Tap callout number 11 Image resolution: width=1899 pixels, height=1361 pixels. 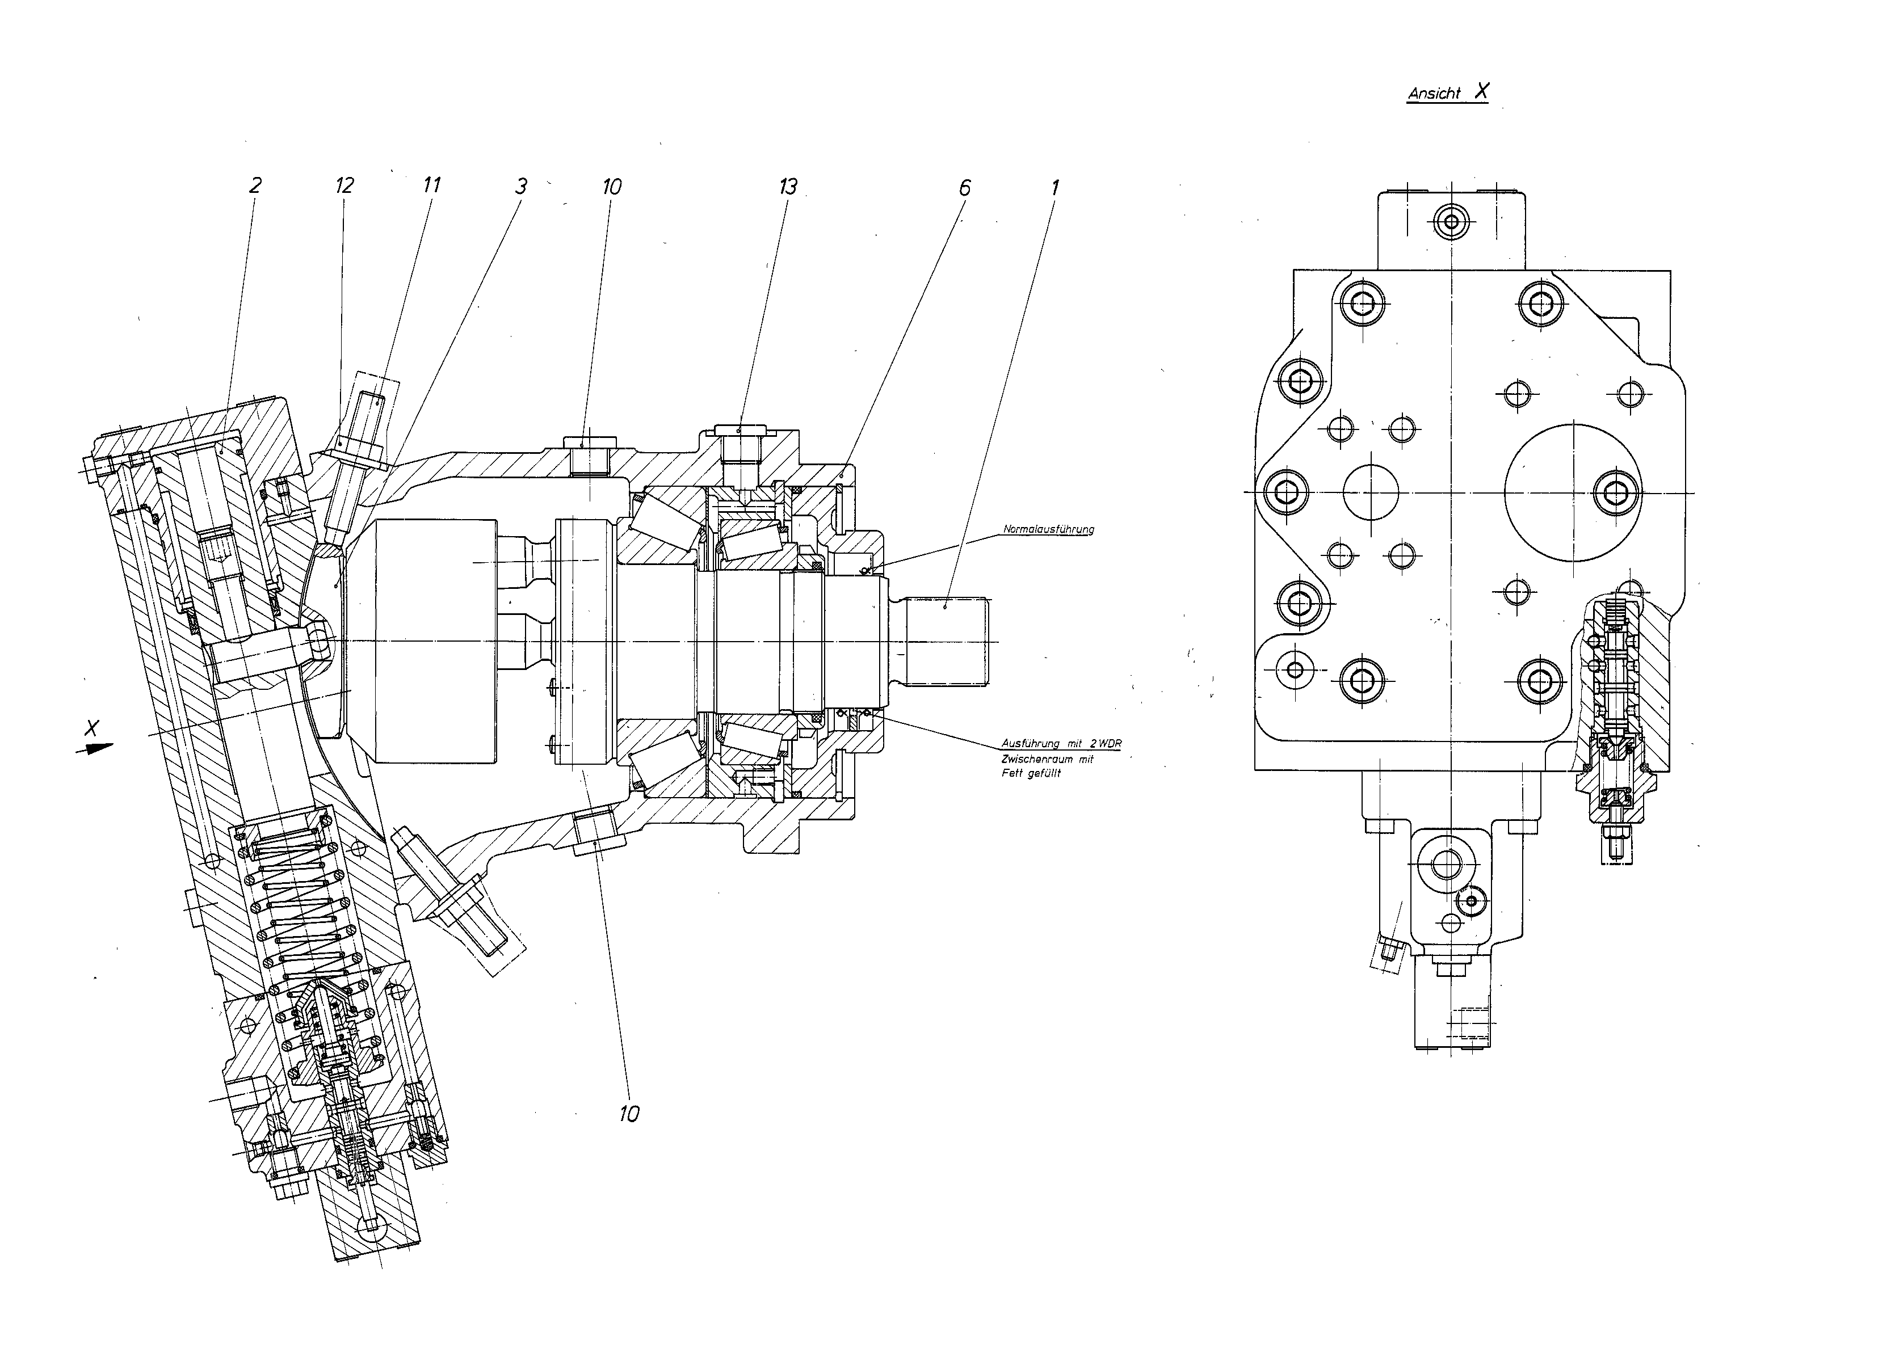coord(431,184)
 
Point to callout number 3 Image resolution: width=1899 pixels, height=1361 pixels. coord(521,186)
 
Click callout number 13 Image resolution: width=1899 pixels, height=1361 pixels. coord(788,186)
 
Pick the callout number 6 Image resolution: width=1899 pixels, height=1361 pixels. coord(965,187)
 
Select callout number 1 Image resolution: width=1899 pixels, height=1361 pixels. coord(1055,187)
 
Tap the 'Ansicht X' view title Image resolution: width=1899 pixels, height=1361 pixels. coord(1448,92)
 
